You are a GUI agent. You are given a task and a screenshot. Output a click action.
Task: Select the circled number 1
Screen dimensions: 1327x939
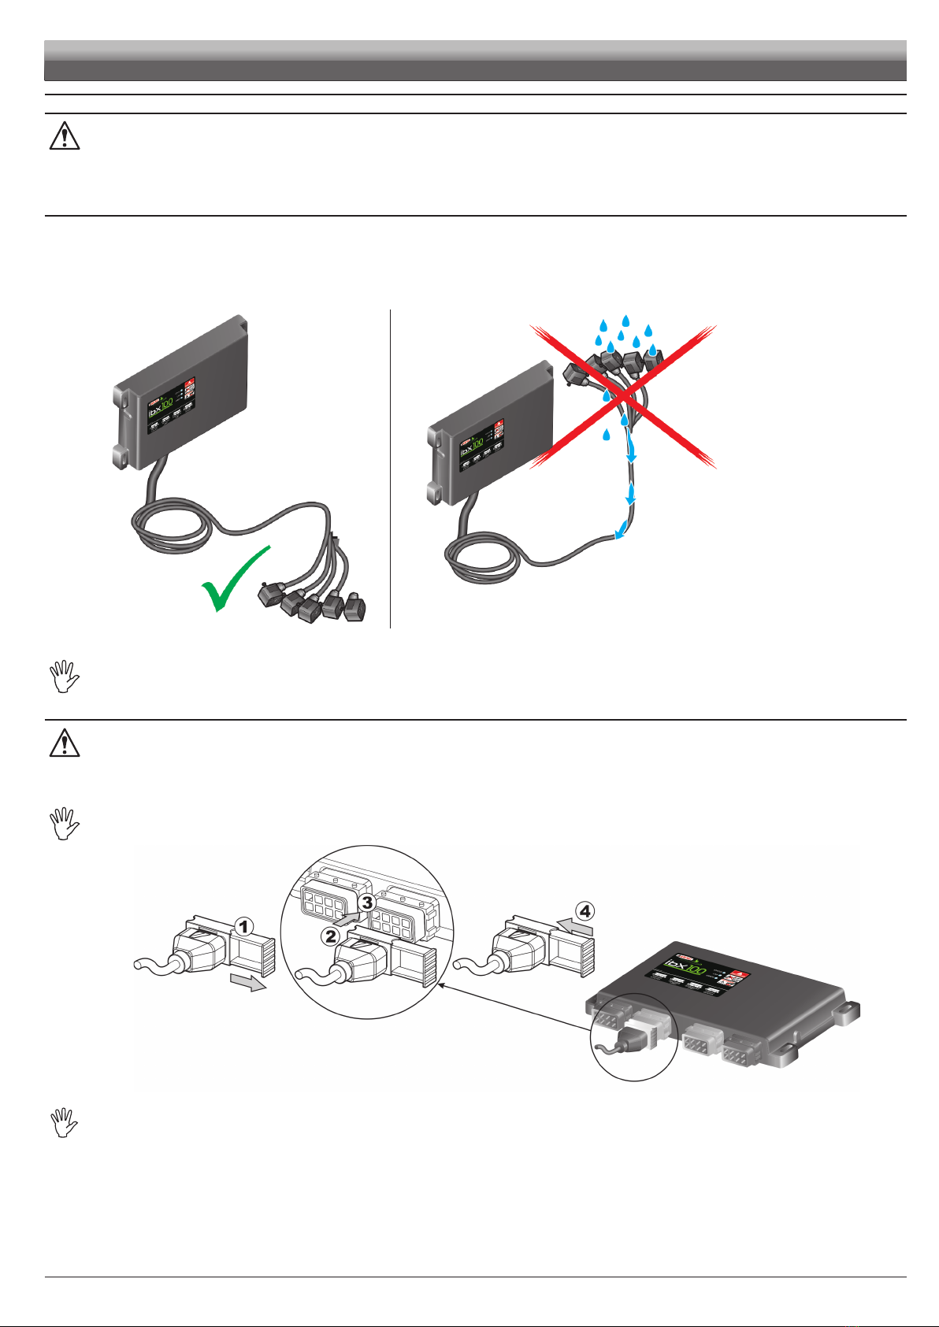(x=245, y=928)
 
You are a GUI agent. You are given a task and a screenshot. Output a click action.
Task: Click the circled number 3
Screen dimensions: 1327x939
(x=367, y=903)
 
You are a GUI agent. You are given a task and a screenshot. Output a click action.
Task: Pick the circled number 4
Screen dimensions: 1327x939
(x=585, y=911)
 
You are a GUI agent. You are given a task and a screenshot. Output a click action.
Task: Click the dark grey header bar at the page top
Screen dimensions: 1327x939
(x=475, y=61)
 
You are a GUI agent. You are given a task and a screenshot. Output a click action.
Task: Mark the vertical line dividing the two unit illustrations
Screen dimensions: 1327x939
(x=391, y=469)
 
